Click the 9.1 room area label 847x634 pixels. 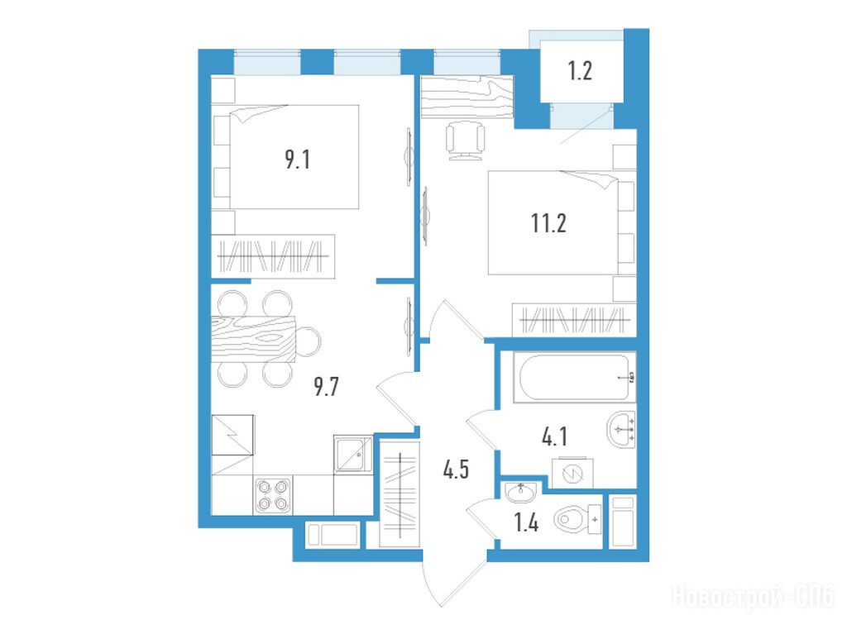pyautogui.click(x=298, y=160)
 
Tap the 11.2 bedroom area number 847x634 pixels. pyautogui.click(x=548, y=222)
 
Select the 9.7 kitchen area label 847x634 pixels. pyautogui.click(x=326, y=387)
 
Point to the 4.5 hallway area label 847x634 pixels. pyautogui.click(x=456, y=470)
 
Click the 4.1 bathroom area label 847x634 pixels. pyautogui.click(x=554, y=436)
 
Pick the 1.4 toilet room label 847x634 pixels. pyautogui.click(x=525, y=522)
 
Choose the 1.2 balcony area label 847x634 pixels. pyautogui.click(x=580, y=71)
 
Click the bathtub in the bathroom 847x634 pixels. pyautogui.click(x=574, y=377)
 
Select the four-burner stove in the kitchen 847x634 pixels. pyautogui.click(x=272, y=495)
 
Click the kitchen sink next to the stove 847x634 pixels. pyautogui.click(x=353, y=454)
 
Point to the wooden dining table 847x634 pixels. pyautogui.click(x=253, y=339)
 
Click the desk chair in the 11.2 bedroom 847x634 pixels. pyautogui.click(x=465, y=140)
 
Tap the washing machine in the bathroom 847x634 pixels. pyautogui.click(x=572, y=474)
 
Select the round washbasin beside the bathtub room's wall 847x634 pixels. pyautogui.click(x=621, y=430)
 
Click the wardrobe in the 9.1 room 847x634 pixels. pyautogui.click(x=273, y=256)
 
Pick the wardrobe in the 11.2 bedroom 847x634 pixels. pyautogui.click(x=574, y=318)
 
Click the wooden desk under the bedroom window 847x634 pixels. pyautogui.click(x=467, y=97)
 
